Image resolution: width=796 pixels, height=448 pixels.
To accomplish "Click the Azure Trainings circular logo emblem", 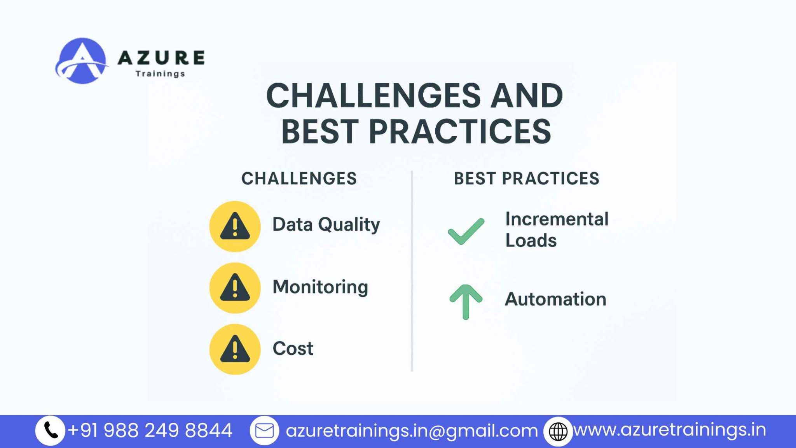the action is (x=82, y=61).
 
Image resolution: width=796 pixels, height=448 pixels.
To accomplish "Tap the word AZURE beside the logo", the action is (x=161, y=58).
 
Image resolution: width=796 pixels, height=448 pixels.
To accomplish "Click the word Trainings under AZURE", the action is (x=160, y=74).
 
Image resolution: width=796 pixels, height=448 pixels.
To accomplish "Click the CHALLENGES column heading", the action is (x=299, y=178).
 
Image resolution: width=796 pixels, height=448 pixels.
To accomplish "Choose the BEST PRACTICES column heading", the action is (x=527, y=178).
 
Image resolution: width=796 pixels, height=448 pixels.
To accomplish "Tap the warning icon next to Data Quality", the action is (x=235, y=226).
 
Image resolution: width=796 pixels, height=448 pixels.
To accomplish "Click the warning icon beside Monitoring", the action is (x=235, y=288).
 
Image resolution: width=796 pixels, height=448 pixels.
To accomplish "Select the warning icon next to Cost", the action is (x=235, y=349).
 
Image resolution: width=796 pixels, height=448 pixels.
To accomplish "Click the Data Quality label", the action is (x=326, y=225).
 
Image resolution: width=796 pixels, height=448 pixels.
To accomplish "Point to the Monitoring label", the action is (x=320, y=287).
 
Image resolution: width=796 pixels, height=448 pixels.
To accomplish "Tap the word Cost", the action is (x=293, y=348).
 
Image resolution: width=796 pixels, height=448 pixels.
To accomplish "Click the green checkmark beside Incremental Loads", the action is (x=466, y=231).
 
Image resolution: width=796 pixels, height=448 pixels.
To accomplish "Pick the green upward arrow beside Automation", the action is (x=466, y=302).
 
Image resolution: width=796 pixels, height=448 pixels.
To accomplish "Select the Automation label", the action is (x=555, y=299).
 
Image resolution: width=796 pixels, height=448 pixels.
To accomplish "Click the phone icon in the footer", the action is (x=50, y=430).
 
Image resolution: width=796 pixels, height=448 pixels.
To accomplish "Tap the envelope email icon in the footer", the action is (x=264, y=430).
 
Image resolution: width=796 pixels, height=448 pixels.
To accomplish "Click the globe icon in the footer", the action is (x=558, y=431).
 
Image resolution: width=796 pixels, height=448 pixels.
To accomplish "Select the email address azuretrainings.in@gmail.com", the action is (x=412, y=431).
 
